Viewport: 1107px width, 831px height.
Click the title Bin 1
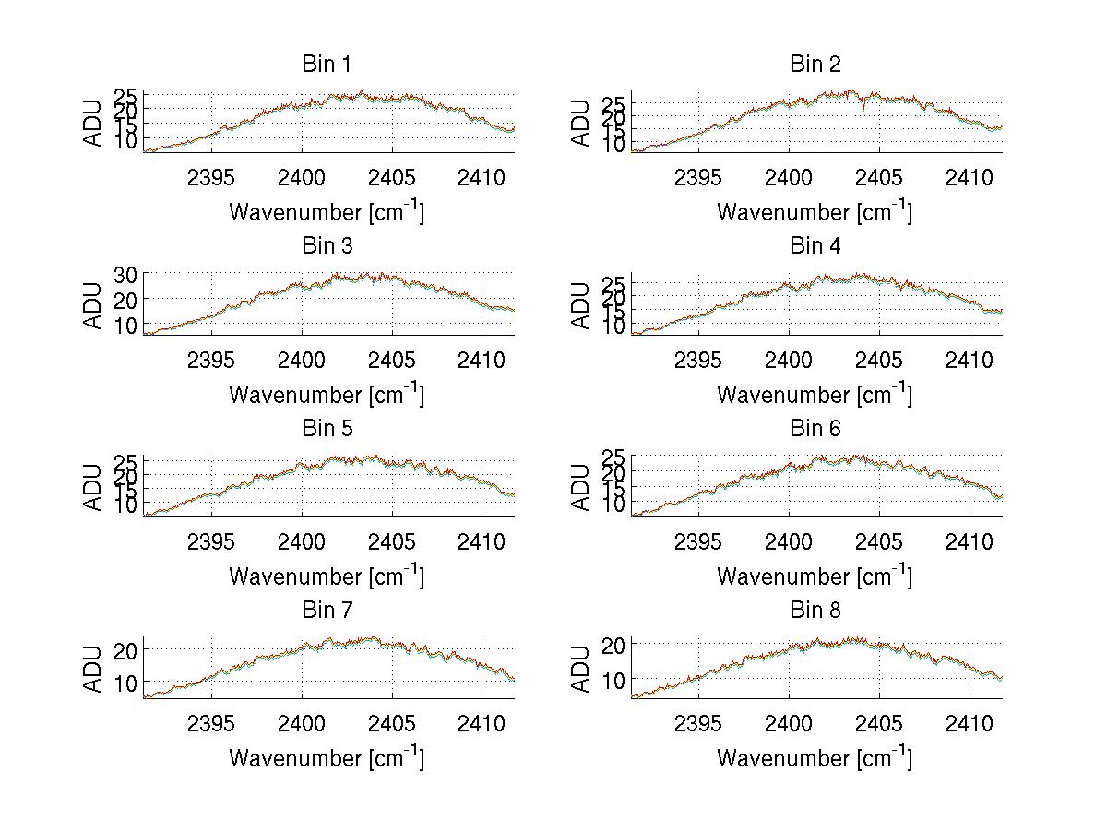[327, 65]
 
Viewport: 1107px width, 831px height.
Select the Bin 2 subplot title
[815, 65]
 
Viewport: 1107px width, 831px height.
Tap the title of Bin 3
[327, 246]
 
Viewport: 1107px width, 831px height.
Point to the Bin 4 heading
[815, 246]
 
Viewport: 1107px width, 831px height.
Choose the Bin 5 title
[327, 429]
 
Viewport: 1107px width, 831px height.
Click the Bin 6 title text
[815, 429]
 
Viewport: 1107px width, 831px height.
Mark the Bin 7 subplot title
[327, 611]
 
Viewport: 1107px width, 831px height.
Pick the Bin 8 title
[815, 611]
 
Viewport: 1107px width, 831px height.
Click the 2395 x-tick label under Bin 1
[211, 177]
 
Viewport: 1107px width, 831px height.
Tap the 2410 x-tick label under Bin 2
[970, 177]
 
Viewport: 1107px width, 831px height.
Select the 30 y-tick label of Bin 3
[125, 275]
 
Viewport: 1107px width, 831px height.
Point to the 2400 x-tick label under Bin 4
[789, 359]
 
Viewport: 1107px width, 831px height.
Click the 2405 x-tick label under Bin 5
[391, 541]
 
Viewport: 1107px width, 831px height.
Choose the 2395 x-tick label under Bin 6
[698, 541]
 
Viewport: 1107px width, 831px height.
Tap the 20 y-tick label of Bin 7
[127, 649]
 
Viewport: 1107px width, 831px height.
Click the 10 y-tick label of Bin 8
[615, 679]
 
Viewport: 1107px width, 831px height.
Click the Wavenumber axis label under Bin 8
[815, 757]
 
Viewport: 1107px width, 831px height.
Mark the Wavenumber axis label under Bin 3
[327, 394]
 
